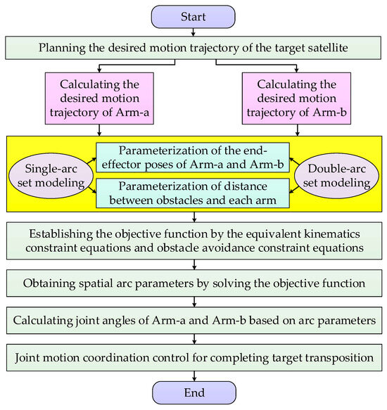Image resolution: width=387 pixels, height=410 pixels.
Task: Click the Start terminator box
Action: [193, 17]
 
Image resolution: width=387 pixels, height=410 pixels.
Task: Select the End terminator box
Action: [194, 392]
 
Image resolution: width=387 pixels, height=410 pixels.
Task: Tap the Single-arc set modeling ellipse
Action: [51, 176]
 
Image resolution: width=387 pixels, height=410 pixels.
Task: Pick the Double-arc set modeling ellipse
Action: [336, 176]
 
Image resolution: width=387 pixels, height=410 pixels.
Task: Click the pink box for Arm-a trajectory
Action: [99, 98]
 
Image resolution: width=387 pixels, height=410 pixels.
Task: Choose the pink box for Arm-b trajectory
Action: [296, 98]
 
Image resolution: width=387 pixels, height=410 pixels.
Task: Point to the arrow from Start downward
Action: [193, 32]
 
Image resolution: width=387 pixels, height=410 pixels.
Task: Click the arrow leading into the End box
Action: [194, 376]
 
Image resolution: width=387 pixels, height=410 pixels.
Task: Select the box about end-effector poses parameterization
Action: [193, 158]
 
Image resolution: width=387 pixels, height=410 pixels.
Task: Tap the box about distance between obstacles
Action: [193, 193]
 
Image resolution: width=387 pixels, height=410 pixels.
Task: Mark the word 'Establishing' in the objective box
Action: [61, 234]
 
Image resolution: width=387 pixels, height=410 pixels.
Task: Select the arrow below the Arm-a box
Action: [99, 130]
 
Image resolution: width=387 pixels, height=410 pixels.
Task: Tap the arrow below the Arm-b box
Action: [297, 130]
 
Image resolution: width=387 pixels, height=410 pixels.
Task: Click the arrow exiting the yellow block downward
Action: [194, 217]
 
